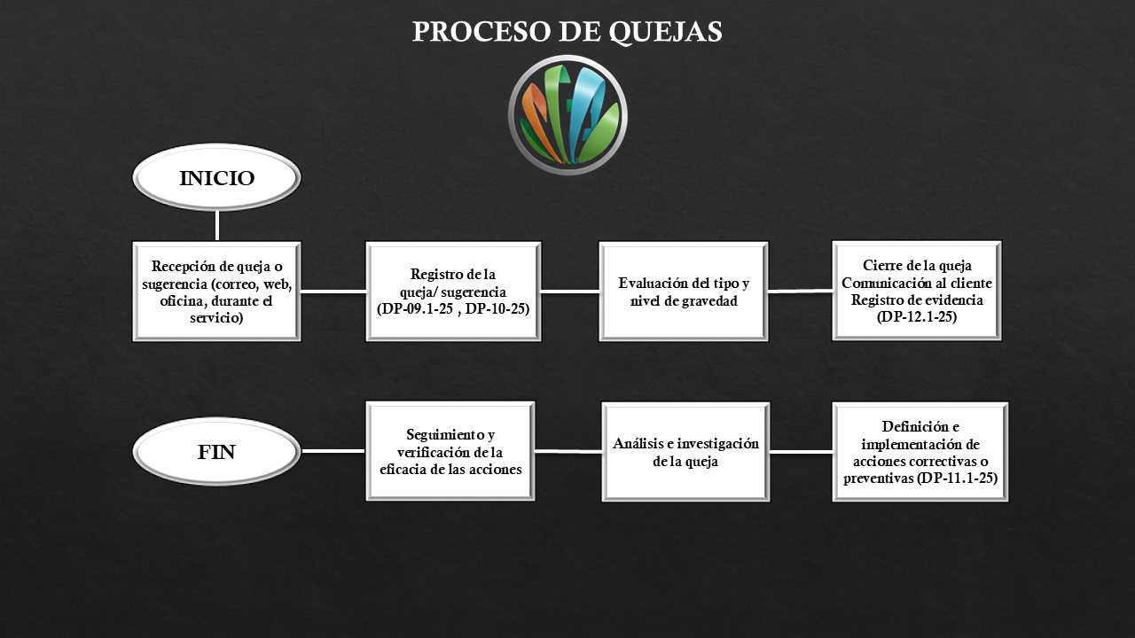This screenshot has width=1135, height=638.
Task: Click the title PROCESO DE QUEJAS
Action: click(567, 31)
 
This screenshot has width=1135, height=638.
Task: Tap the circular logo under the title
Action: click(567, 114)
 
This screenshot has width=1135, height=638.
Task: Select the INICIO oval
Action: click(216, 178)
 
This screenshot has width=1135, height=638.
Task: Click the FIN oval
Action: click(216, 452)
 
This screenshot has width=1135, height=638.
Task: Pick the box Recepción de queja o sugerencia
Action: click(216, 291)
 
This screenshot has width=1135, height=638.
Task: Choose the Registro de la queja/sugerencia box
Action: click(453, 291)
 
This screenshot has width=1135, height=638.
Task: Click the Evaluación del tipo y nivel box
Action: click(684, 291)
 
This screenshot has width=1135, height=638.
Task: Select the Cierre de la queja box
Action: click(917, 290)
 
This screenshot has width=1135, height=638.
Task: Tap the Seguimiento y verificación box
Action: click(450, 451)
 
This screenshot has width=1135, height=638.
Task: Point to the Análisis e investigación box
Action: click(685, 451)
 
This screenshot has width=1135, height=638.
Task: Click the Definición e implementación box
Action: click(920, 451)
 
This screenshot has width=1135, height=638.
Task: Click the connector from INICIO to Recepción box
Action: click(217, 225)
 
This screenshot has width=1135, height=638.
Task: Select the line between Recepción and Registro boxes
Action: click(333, 291)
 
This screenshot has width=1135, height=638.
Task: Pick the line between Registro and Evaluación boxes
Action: click(570, 291)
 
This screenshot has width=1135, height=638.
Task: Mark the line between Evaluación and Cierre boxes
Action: click(800, 290)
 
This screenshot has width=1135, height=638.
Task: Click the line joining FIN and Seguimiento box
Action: click(333, 451)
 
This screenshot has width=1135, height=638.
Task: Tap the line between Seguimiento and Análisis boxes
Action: click(568, 451)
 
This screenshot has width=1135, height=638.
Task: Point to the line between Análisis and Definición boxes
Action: click(801, 452)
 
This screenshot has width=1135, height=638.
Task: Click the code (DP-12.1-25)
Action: click(917, 316)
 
